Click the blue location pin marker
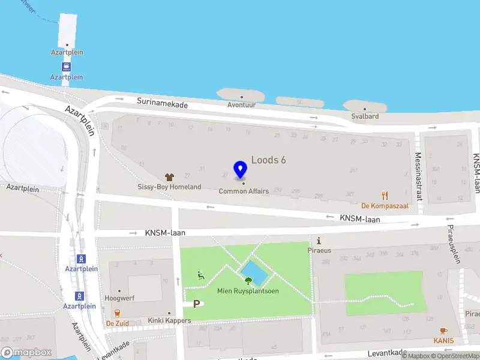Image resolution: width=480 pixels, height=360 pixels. [241, 170]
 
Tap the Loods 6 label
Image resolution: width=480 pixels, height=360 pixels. [268, 160]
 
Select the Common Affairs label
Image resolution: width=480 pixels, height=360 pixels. [244, 191]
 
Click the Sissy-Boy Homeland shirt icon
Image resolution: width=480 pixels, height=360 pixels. [170, 177]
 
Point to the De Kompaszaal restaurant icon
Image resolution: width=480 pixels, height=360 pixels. [385, 196]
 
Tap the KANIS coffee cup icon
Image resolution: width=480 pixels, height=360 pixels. [444, 331]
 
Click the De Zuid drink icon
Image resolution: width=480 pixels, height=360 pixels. [117, 313]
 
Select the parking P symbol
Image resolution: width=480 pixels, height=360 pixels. [196, 305]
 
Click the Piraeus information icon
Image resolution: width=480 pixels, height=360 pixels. [319, 241]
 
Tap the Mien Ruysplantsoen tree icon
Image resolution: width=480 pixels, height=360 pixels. [248, 280]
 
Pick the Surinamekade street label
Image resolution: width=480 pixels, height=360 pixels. [162, 104]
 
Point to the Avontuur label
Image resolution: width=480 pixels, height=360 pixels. [241, 105]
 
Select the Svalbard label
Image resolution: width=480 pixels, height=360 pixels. [365, 116]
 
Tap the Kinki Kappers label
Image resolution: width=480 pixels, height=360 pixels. [170, 321]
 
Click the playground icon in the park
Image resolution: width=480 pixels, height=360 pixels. [201, 275]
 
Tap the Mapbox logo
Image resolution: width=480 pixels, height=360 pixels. [26, 353]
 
